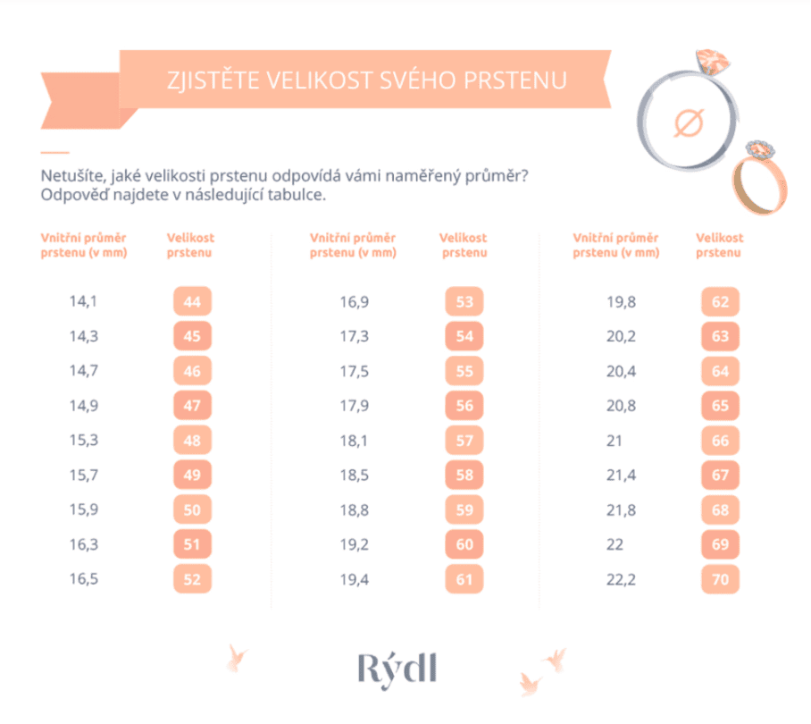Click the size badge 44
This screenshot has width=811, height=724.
click(192, 302)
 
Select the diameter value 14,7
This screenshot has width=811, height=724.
click(83, 371)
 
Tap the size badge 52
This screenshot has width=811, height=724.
click(192, 579)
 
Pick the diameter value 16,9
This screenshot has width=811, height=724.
click(354, 302)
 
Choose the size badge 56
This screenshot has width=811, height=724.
click(464, 406)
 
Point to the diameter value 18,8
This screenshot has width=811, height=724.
click(354, 509)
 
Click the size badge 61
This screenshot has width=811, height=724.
click(464, 579)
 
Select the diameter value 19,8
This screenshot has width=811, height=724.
click(621, 302)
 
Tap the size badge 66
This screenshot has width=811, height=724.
click(720, 441)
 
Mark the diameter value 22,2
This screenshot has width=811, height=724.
click(621, 579)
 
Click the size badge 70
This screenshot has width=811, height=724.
click(720, 579)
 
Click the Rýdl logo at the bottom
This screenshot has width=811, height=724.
click(398, 668)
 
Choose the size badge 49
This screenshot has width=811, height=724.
click(192, 476)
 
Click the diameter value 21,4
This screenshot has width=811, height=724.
click(621, 476)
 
